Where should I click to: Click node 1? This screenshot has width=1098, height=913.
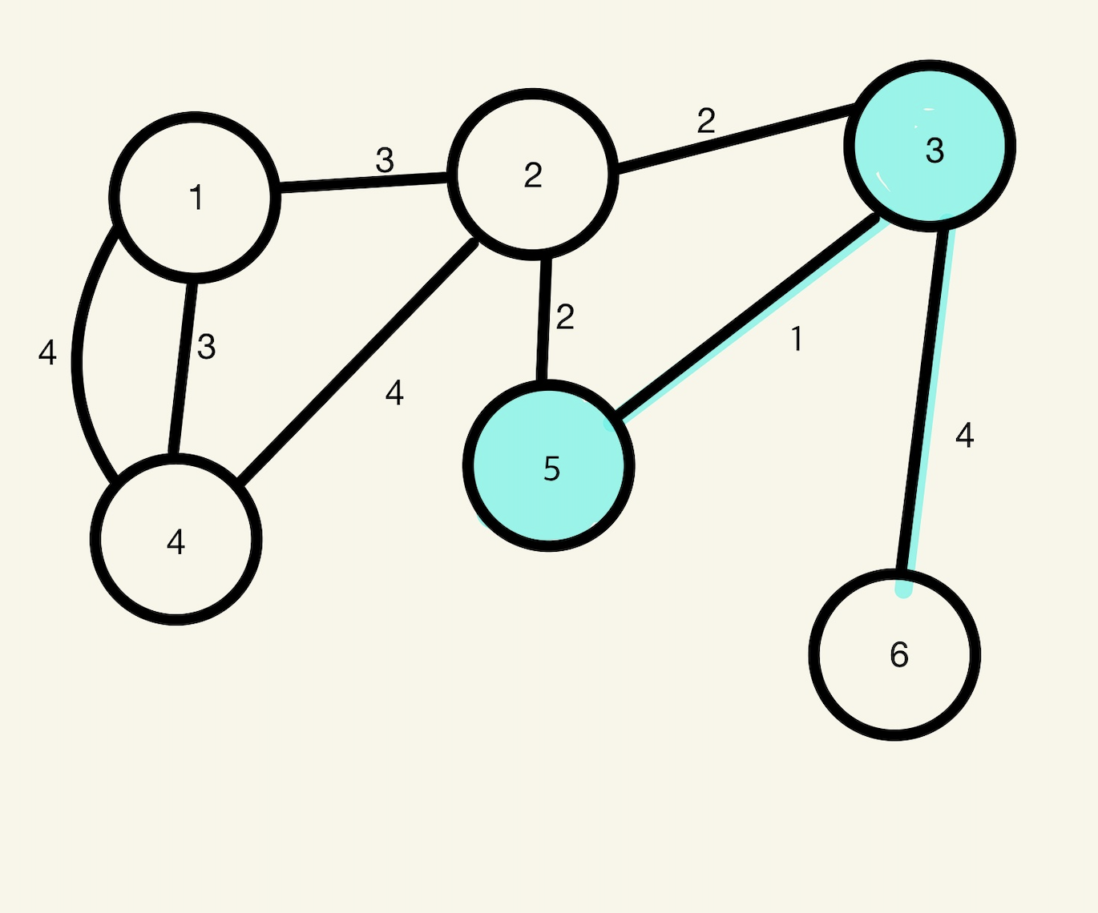pos(195,197)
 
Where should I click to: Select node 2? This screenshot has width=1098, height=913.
pos(533,175)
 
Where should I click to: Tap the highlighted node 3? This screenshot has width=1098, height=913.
pos(930,146)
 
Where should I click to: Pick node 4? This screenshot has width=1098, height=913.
pos(176,540)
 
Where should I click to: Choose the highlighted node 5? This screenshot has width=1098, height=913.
pos(549,466)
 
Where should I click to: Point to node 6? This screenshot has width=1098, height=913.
pos(894,655)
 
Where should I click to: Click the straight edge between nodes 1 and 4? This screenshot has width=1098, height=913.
pos(182,368)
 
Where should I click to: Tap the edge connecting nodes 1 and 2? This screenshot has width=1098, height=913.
pos(362,181)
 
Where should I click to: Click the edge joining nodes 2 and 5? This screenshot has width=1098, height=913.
pos(543,319)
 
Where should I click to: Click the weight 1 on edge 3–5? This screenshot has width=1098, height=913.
pos(797,340)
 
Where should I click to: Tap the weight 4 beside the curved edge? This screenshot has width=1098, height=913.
pos(47,352)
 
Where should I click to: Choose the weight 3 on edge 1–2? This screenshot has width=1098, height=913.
pos(385,161)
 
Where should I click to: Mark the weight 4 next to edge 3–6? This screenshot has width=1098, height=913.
pos(965,436)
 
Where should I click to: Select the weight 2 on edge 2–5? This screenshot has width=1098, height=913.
pos(565,318)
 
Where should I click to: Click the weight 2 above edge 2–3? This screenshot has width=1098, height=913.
pos(706,121)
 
